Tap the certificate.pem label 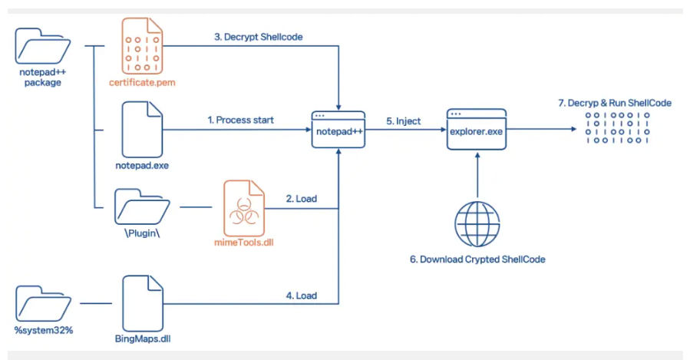pos(142,81)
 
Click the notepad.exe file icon pos(142,127)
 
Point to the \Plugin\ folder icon pos(142,206)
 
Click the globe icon pos(477,223)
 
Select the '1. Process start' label pos(240,120)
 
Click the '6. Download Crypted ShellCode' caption pos(477,259)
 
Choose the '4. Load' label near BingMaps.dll pos(302,295)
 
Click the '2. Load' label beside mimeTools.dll pos(302,199)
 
